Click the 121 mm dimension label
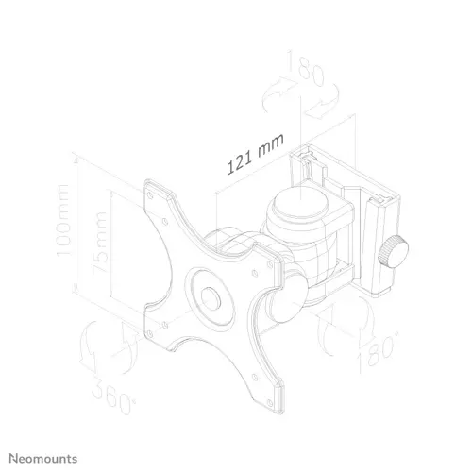pos(255,154)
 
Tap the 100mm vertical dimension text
pos(62,221)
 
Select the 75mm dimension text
pos(100,244)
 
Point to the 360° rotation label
pos(114,396)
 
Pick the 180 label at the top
pos(305,69)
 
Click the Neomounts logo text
pos(43,459)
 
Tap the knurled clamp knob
pos(393,252)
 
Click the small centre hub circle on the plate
pos(211,298)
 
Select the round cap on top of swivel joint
pos(300,202)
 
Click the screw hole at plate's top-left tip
pos(150,195)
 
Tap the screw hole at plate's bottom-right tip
pos(270,403)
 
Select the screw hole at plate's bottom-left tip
pos(150,333)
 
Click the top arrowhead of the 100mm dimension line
pos(76,159)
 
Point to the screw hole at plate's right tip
pos(270,265)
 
